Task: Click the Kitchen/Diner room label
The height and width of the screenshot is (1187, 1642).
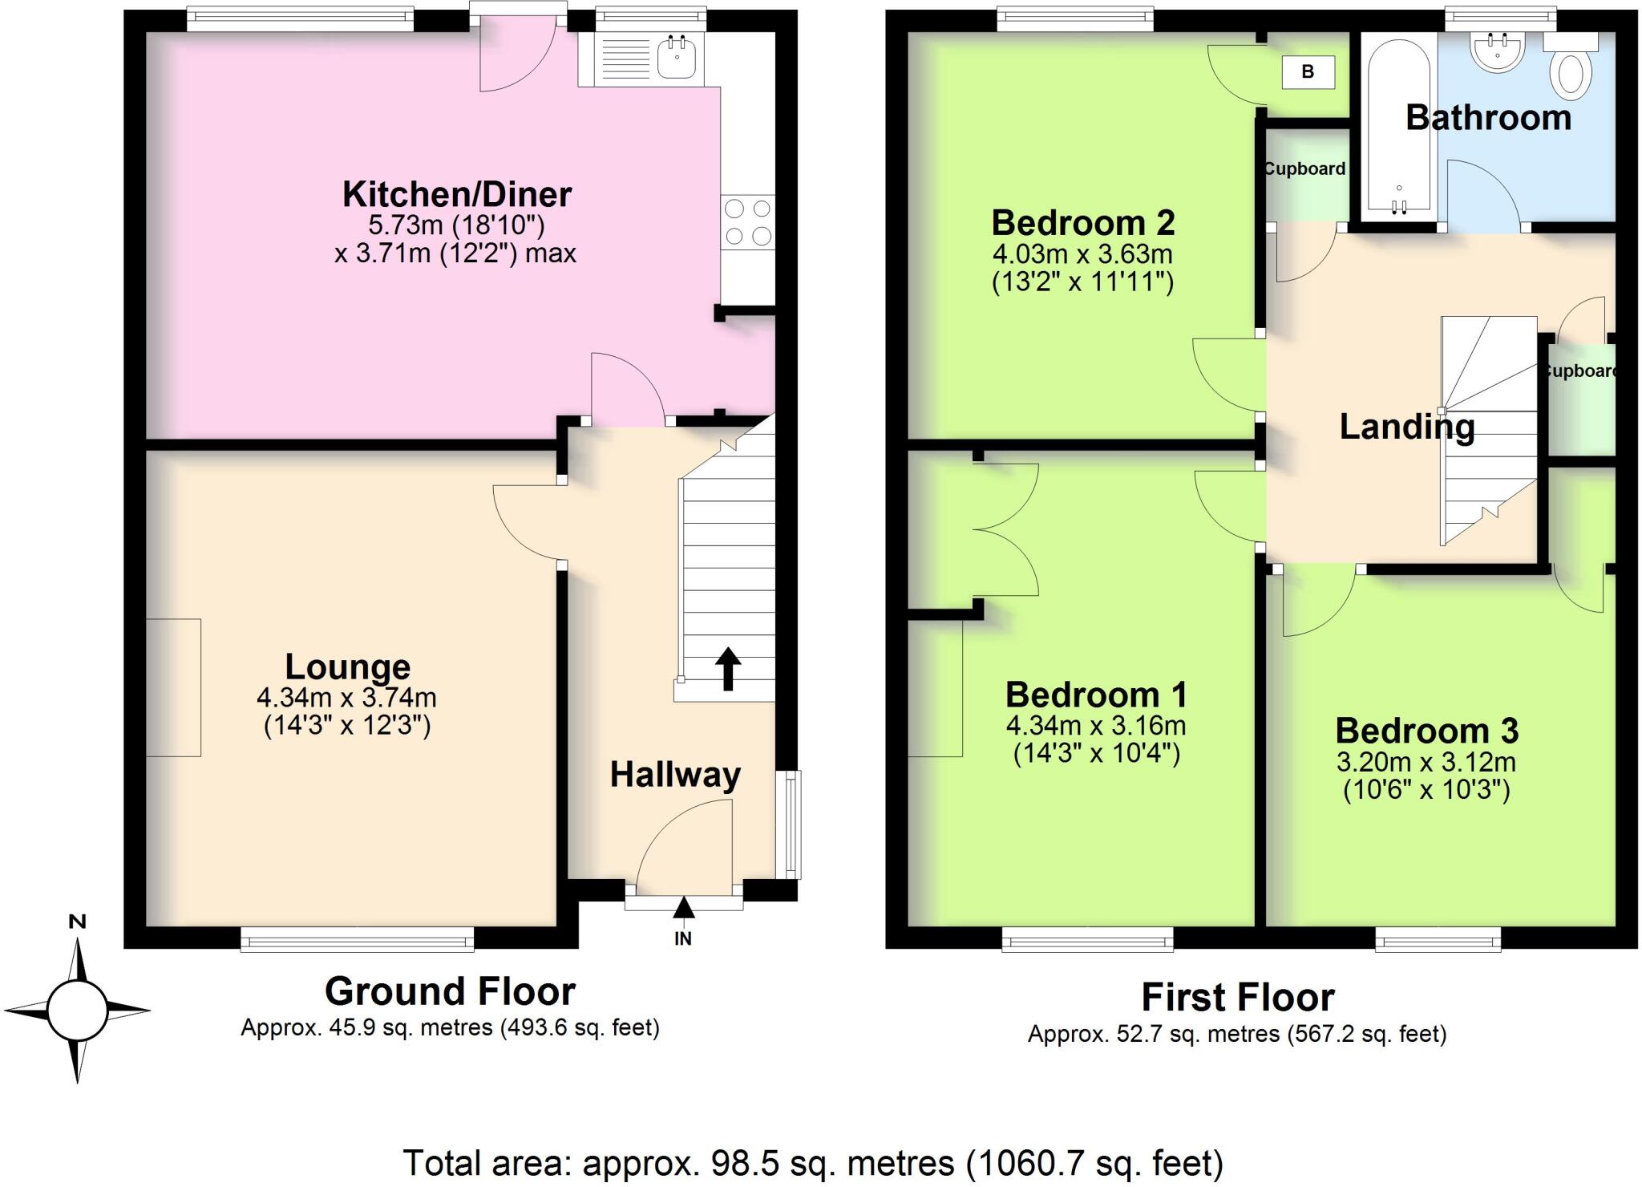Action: click(x=456, y=195)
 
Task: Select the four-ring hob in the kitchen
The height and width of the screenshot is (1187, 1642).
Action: click(x=748, y=223)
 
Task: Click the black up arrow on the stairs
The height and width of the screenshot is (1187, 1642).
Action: click(x=727, y=669)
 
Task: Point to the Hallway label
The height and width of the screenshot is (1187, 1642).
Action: click(x=675, y=775)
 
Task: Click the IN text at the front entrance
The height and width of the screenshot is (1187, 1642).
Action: click(x=682, y=938)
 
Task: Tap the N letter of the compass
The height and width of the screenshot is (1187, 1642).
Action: click(x=77, y=922)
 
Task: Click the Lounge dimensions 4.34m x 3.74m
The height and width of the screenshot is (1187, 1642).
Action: click(x=346, y=698)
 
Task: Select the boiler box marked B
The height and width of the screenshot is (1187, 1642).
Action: click(x=1308, y=72)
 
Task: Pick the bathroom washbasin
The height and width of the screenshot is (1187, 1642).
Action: click(x=1497, y=53)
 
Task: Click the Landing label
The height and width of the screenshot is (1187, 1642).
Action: click(x=1407, y=427)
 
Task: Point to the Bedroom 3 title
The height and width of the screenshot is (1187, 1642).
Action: click(x=1426, y=731)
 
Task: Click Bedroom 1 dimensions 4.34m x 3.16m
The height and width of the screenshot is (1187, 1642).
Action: click(x=1095, y=726)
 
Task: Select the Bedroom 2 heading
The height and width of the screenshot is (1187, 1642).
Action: click(x=1083, y=223)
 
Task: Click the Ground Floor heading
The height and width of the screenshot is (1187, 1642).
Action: click(x=450, y=992)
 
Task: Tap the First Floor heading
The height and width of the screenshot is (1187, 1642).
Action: click(x=1237, y=998)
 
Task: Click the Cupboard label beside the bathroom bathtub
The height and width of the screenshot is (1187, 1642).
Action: click(x=1304, y=169)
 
